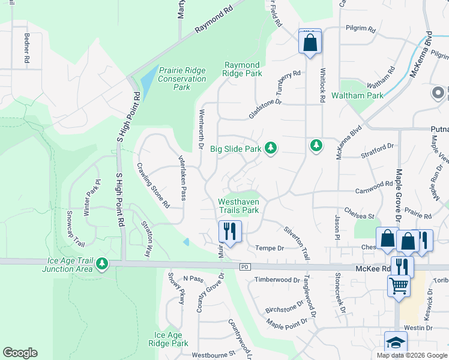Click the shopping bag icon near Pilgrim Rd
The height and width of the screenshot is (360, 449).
click(x=310, y=43)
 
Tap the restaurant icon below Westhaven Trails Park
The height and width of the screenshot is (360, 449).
click(x=229, y=230)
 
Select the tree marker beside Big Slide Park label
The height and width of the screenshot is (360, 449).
click(x=271, y=147)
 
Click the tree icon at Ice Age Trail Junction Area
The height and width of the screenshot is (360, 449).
click(x=102, y=263)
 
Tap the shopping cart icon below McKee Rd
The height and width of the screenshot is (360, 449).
click(x=398, y=286)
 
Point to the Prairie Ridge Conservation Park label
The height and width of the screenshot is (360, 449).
click(x=182, y=79)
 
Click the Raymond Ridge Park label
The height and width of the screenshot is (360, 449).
click(x=243, y=69)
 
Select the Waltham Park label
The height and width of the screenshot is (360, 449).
click(x=361, y=95)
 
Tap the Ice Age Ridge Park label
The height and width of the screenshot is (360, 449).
click(x=171, y=340)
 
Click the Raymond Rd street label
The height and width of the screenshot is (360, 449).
click(x=214, y=20)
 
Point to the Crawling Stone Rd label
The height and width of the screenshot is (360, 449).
click(x=152, y=185)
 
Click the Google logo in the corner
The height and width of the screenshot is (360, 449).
click(x=20, y=353)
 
